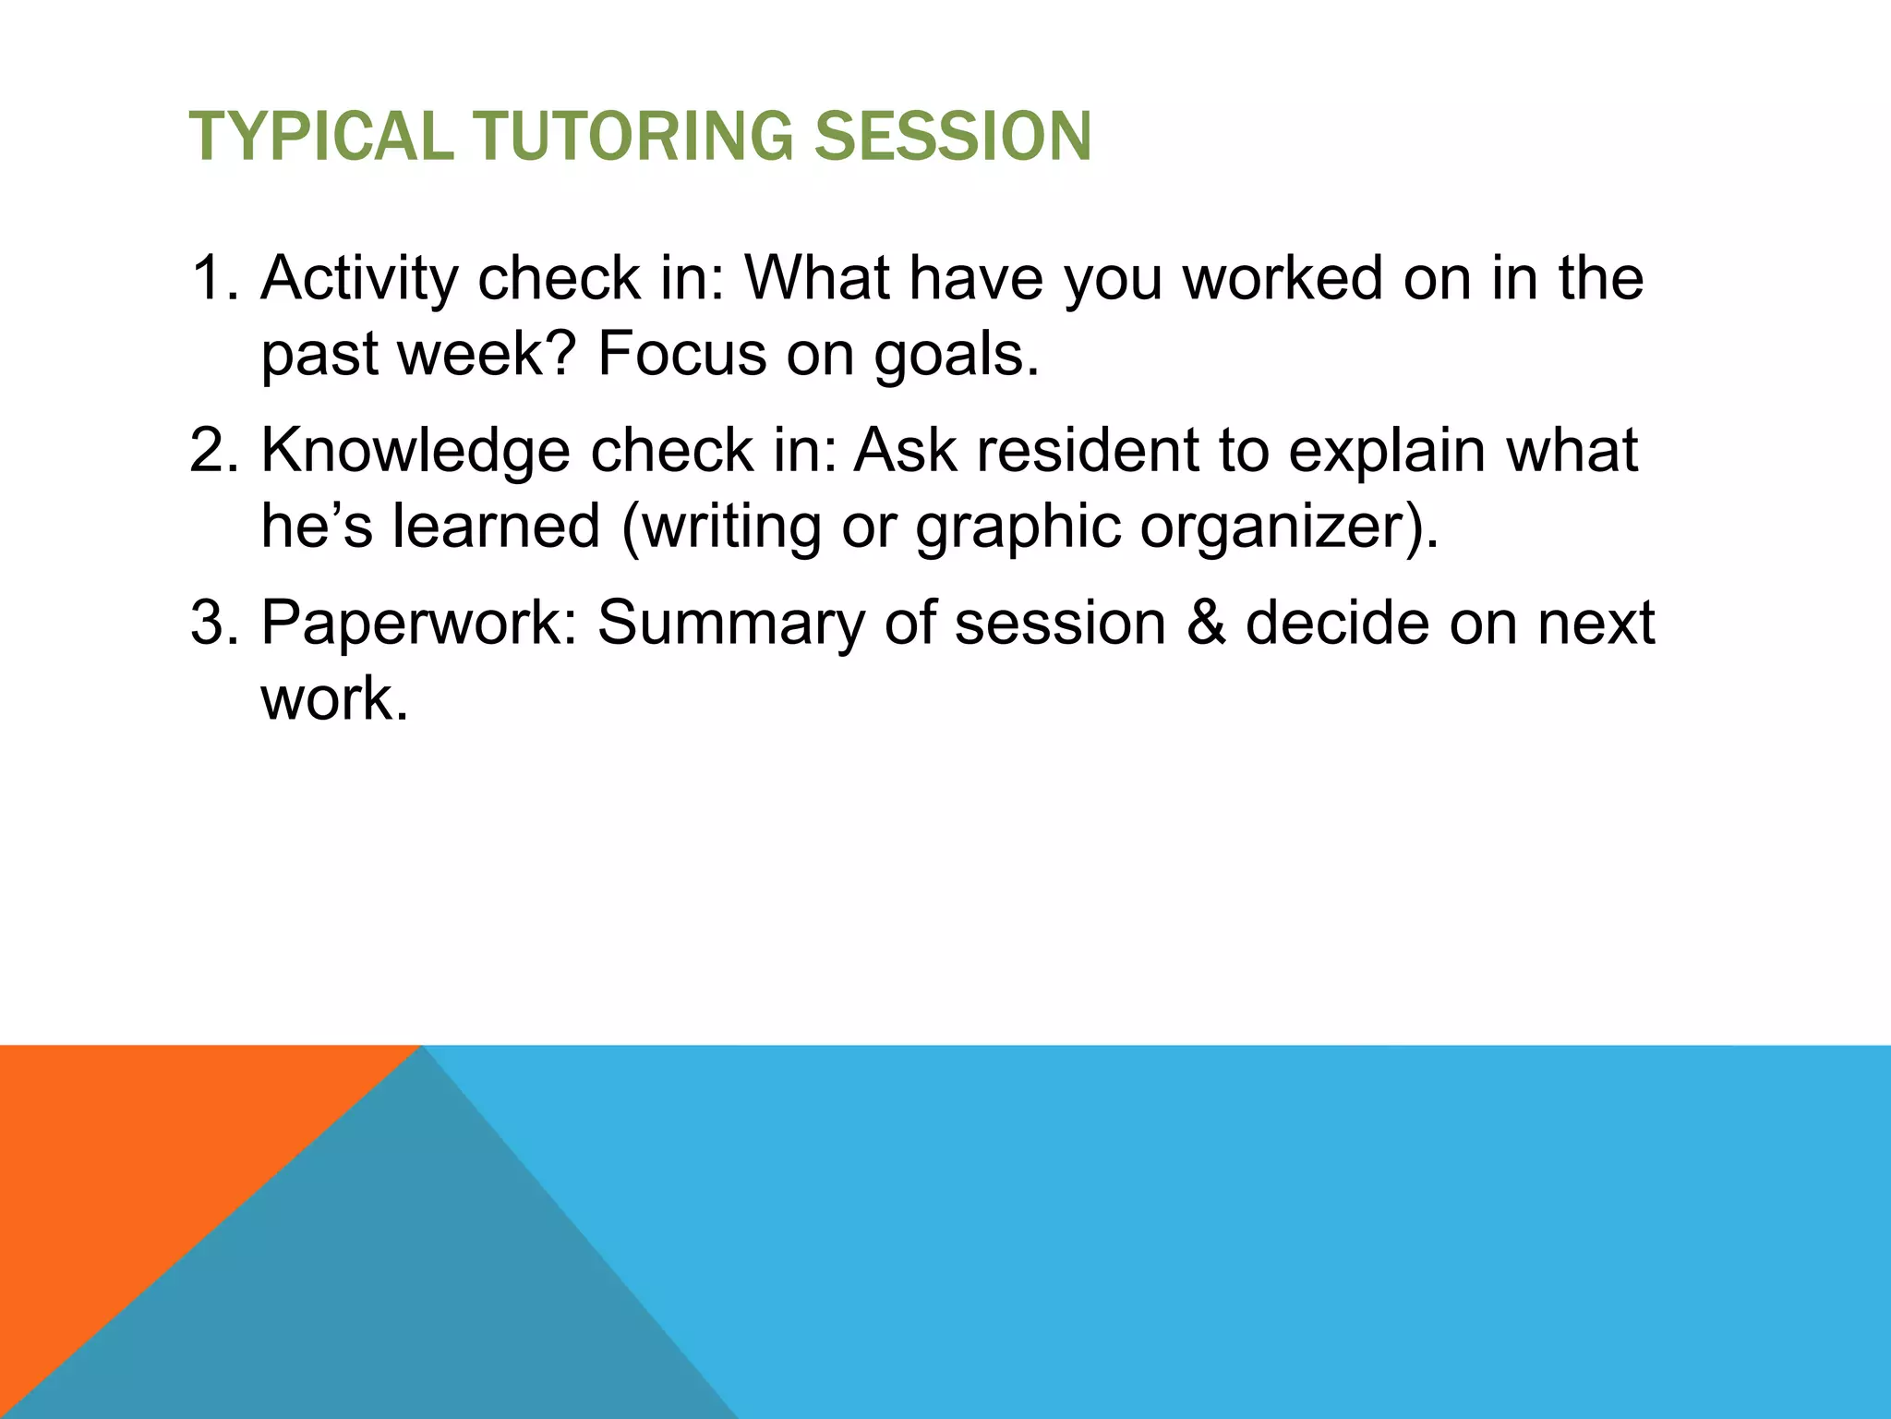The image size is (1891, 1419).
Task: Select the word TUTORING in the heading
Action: (x=632, y=137)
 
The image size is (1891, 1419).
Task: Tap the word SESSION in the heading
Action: (x=952, y=137)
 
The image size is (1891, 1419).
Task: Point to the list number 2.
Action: (x=211, y=451)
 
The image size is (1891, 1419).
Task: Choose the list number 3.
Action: (x=211, y=623)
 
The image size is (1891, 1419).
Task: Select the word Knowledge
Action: (x=416, y=451)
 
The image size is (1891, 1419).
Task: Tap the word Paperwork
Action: (x=419, y=623)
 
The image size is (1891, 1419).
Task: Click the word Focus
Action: (x=681, y=354)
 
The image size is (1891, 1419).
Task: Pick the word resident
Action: (x=1086, y=451)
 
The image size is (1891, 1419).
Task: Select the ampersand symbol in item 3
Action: (x=1206, y=623)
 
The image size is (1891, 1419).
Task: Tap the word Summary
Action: (x=731, y=625)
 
